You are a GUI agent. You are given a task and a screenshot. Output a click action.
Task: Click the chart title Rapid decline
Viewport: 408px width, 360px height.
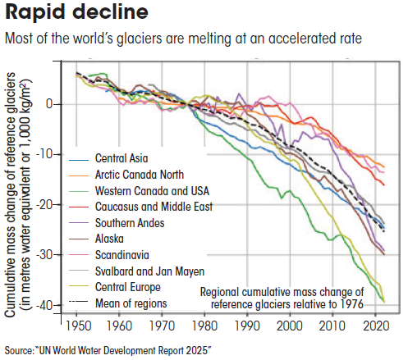pos(66,14)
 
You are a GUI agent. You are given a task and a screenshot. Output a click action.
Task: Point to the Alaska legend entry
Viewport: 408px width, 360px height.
pos(112,239)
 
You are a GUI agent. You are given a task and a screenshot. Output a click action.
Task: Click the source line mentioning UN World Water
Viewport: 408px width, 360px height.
pos(107,350)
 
